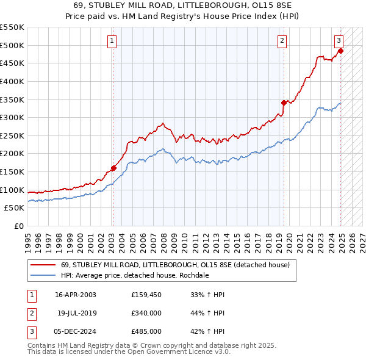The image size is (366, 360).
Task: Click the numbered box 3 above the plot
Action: point(339,41)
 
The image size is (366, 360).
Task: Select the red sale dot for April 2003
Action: point(113,168)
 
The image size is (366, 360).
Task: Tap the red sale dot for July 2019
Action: point(284,103)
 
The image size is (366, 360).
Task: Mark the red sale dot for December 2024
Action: point(341,51)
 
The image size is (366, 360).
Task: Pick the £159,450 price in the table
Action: point(146,295)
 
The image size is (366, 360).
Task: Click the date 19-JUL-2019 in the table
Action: point(77,313)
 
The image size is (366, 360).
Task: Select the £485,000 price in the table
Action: point(146,331)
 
